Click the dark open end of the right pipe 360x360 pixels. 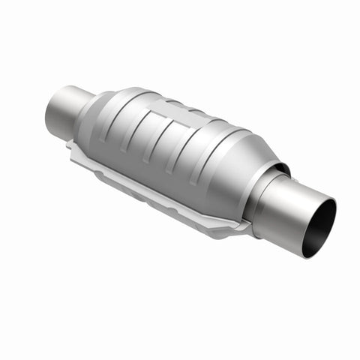pos(321,229)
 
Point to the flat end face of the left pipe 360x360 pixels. pos(55,114)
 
